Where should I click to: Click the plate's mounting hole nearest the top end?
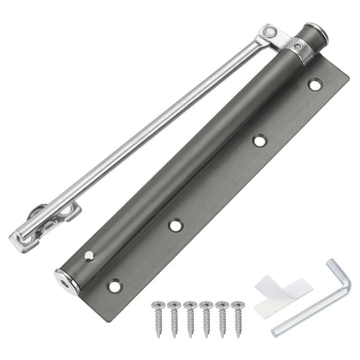[315, 84]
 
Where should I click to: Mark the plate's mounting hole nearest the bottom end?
[114, 286]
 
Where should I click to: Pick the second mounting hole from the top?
[259, 140]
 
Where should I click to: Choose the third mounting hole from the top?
[175, 224]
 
